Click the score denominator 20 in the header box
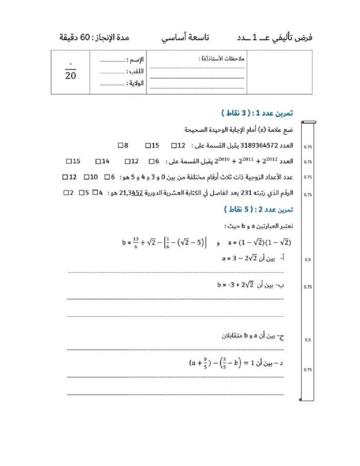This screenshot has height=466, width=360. tap(70, 76)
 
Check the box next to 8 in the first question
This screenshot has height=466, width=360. tap(120, 146)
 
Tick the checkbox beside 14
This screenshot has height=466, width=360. tap(98, 161)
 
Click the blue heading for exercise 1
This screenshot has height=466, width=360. tap(257, 113)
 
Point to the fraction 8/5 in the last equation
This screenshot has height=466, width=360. tap(206, 363)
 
